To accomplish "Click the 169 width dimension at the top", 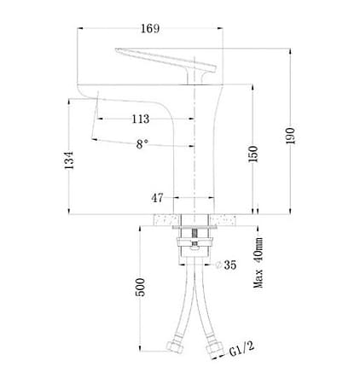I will pyautogui.click(x=149, y=28).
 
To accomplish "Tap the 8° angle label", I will pyautogui.click(x=143, y=146).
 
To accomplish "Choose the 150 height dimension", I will pyautogui.click(x=253, y=156).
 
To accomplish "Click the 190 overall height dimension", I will pyautogui.click(x=291, y=137).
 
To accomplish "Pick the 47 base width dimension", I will pyautogui.click(x=158, y=198).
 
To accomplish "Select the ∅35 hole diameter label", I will pyautogui.click(x=227, y=265).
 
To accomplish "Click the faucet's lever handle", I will pyautogui.click(x=162, y=61).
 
